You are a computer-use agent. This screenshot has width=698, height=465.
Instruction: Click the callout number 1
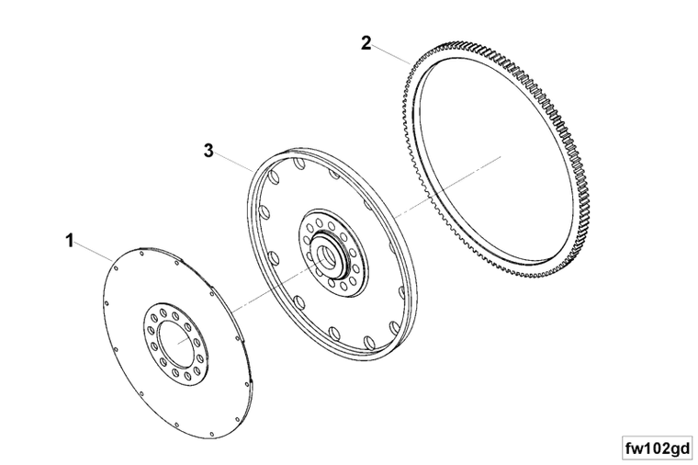70,241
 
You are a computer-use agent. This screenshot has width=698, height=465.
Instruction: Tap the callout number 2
366,43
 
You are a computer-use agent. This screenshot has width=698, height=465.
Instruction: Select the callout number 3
208,151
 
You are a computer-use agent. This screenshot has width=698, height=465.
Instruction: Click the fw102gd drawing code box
658,448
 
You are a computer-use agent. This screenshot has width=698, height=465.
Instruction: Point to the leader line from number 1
94,251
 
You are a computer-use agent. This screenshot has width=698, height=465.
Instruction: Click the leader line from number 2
391,53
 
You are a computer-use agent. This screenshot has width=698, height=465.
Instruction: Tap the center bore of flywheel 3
326,257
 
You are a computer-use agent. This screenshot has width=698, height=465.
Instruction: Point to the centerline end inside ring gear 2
501,156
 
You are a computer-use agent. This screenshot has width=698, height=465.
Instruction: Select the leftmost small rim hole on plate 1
107,304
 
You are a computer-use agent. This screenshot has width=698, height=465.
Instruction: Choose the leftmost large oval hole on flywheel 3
262,210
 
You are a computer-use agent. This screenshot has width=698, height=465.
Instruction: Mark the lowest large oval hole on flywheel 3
369,342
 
